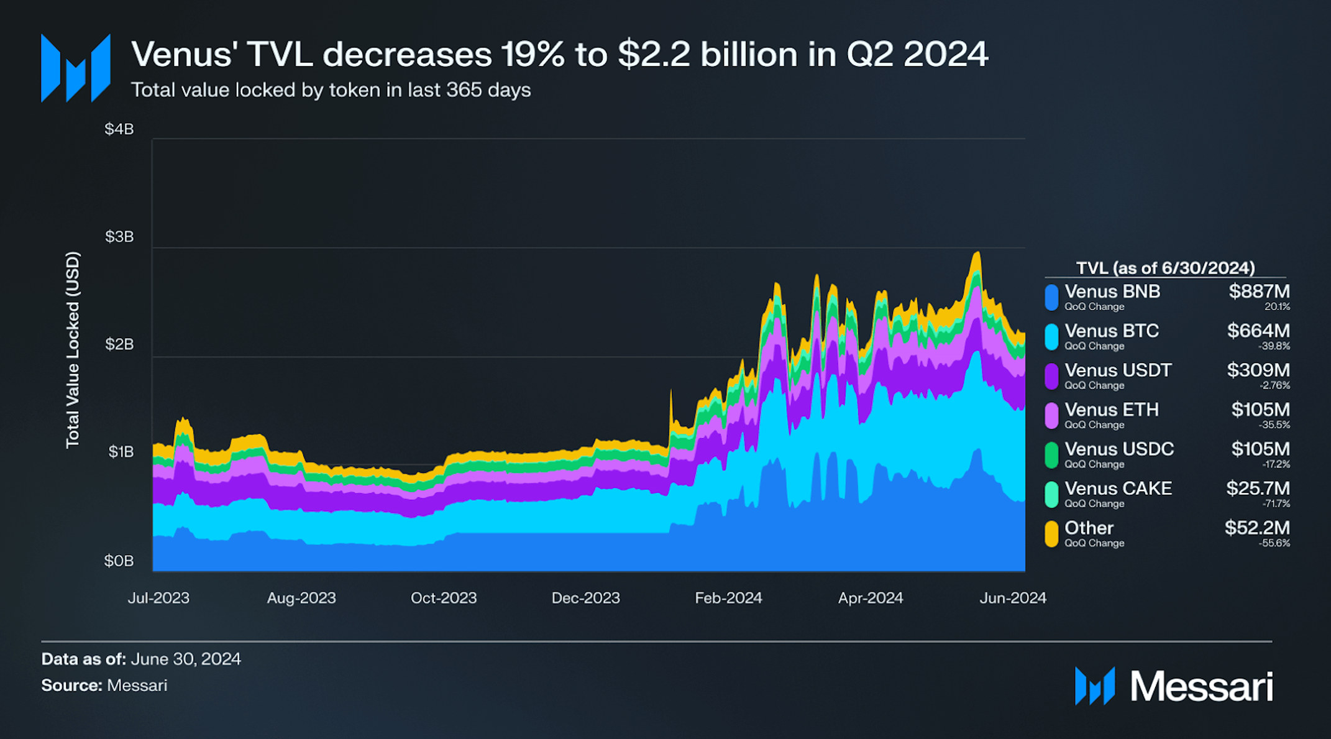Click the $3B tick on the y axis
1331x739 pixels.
tap(119, 237)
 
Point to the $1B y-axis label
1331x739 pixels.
tap(121, 452)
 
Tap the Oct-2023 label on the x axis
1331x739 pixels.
tap(443, 598)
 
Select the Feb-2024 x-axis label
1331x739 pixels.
tap(728, 598)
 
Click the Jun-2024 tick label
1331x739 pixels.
tap(1012, 598)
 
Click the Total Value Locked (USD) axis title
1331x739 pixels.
tap(73, 349)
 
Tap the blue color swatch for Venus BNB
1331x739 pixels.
tap(1051, 297)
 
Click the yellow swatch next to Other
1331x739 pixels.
tap(1051, 533)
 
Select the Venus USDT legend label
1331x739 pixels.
tap(1117, 370)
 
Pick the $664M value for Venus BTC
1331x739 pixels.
tap(1258, 331)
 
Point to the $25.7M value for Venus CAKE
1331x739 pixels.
tap(1258, 489)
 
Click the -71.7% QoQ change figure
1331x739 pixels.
tap(1276, 504)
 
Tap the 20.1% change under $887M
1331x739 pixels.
tap(1277, 307)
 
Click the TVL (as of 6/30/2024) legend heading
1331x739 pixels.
tap(1165, 268)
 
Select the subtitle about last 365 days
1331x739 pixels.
tap(331, 90)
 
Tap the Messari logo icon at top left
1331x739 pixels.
tap(76, 68)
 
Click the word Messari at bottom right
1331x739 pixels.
tap(1201, 687)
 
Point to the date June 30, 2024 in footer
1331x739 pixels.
tap(186, 659)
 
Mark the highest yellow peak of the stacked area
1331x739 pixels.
tap(977, 253)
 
